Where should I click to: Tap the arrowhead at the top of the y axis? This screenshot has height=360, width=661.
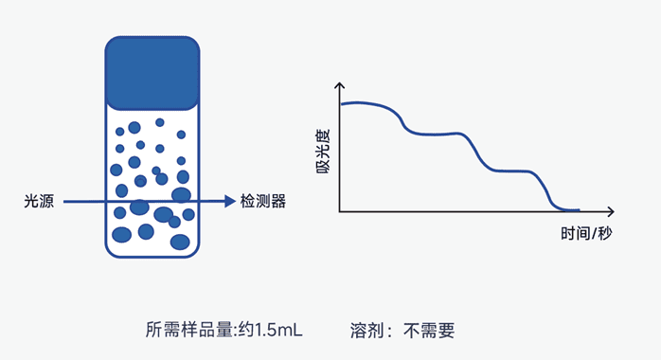[340, 85]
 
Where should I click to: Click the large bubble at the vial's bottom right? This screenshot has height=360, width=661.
[180, 242]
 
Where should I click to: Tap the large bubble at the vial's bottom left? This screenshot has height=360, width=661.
[122, 234]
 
